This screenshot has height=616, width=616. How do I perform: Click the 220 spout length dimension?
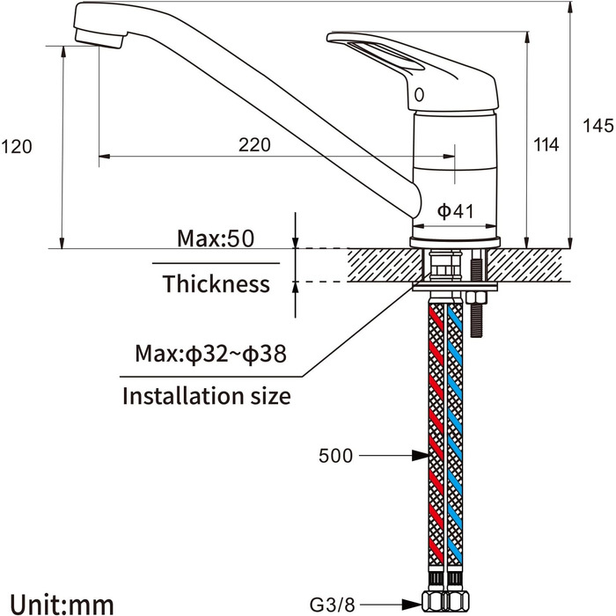point(254,145)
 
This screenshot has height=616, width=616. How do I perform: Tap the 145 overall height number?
point(598,126)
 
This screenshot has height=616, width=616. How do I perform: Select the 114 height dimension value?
point(546,144)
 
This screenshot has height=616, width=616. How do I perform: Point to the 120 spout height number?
point(17,147)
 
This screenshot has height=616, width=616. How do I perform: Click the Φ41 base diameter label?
point(455,211)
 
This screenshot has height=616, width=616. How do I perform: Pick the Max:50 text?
point(216,238)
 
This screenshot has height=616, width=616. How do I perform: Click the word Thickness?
point(216,283)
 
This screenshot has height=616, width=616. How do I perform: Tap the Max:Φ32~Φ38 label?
point(210,354)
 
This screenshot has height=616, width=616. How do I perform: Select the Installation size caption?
point(207,396)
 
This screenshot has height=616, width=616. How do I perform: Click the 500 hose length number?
point(335,456)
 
